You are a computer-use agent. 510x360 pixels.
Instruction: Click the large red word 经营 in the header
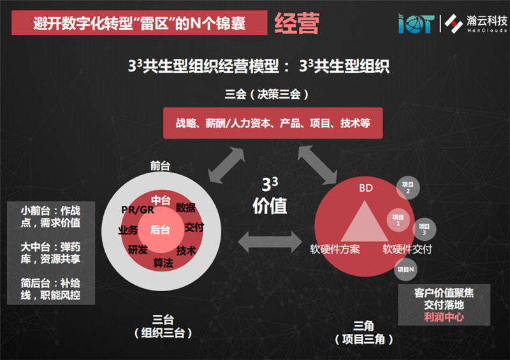tap(296, 24)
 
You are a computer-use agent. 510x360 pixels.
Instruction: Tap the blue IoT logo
tap(416, 23)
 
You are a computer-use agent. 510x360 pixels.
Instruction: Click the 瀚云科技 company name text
tap(487, 21)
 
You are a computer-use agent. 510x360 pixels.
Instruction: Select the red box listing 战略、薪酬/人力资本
tap(273, 123)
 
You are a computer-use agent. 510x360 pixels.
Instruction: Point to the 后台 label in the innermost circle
tap(160, 230)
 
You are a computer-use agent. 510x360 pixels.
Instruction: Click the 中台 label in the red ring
tap(161, 200)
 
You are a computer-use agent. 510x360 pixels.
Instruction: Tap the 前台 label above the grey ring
tap(160, 166)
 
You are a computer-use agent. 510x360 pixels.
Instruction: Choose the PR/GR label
tap(138, 210)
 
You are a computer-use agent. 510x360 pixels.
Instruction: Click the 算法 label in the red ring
tap(163, 263)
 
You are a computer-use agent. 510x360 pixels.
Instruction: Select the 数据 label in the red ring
tap(186, 208)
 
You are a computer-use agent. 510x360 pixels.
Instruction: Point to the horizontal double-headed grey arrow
tap(270, 242)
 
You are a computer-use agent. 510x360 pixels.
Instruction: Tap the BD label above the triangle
tap(365, 188)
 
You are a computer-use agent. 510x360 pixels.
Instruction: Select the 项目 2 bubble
tap(408, 187)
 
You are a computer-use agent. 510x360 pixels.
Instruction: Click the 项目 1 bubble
tap(398, 220)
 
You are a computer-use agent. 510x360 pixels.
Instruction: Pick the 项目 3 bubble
tap(424, 229)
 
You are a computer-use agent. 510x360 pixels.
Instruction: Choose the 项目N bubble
tap(405, 270)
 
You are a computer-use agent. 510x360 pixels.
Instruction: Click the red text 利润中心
tap(444, 317)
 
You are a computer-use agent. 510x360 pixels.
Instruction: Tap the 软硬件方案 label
tap(335, 249)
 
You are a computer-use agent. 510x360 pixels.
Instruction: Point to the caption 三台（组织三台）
tap(163, 326)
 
